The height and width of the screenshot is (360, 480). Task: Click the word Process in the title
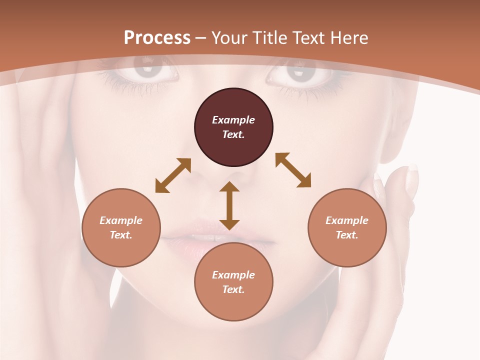[x=157, y=38]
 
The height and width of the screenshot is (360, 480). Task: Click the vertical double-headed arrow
[x=229, y=205]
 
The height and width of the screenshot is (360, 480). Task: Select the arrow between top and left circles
[x=173, y=175]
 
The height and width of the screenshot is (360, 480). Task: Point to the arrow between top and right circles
[x=293, y=170]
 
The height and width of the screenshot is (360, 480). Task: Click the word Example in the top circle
[x=233, y=120]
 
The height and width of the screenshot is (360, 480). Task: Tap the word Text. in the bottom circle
[x=233, y=289]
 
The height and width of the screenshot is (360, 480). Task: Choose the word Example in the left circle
[x=121, y=220]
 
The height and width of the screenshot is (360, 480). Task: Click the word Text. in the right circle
[x=347, y=235]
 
